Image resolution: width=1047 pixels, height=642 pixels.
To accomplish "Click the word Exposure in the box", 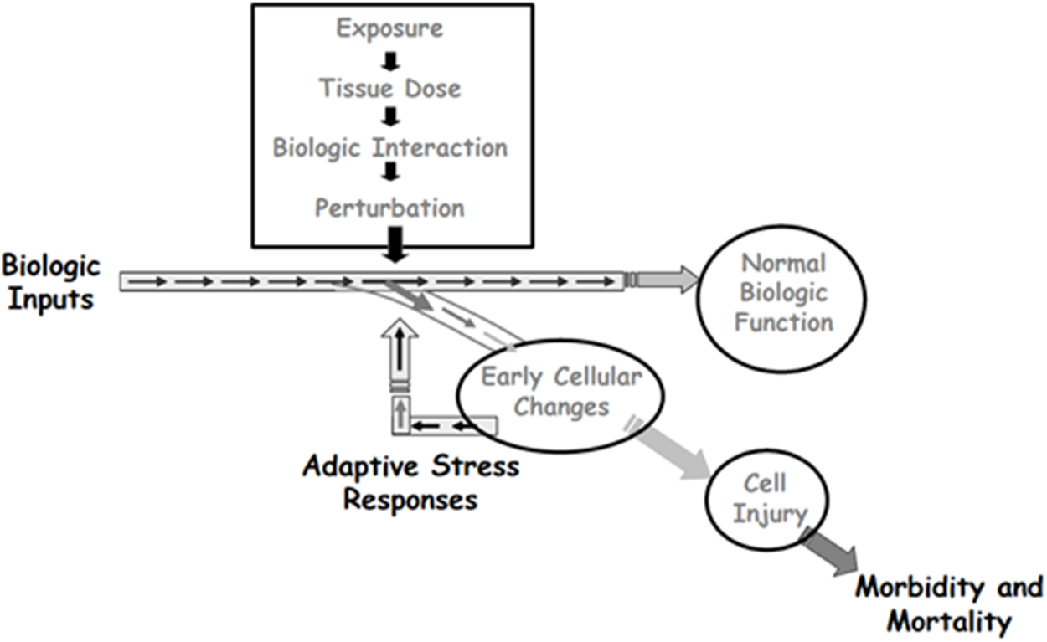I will pyautogui.click(x=389, y=29).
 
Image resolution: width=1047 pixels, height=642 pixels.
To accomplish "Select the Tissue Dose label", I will pyautogui.click(x=389, y=88).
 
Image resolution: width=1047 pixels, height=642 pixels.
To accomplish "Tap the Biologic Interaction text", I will pyautogui.click(x=389, y=147).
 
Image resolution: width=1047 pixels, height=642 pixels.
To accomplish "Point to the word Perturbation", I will pyautogui.click(x=389, y=207).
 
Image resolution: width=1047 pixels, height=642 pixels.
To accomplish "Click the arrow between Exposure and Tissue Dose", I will pyautogui.click(x=390, y=59).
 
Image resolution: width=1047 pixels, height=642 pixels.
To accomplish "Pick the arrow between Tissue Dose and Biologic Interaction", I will pyautogui.click(x=390, y=118).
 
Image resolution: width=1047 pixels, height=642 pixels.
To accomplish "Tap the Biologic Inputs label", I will pyautogui.click(x=50, y=282).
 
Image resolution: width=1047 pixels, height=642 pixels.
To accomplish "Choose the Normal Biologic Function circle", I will pyautogui.click(x=782, y=293).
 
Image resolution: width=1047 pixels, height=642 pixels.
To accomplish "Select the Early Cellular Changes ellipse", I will pyautogui.click(x=560, y=393).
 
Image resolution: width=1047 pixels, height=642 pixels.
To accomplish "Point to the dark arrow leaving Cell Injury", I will pyautogui.click(x=830, y=552).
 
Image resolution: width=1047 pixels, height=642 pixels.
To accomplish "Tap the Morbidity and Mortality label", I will pyautogui.click(x=948, y=603).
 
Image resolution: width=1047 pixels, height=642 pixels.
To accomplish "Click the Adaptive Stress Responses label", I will pyautogui.click(x=410, y=483).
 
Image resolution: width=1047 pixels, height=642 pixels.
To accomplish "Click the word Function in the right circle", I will pyautogui.click(x=783, y=322).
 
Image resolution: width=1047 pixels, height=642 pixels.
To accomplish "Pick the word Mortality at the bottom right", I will pyautogui.click(x=948, y=622).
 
